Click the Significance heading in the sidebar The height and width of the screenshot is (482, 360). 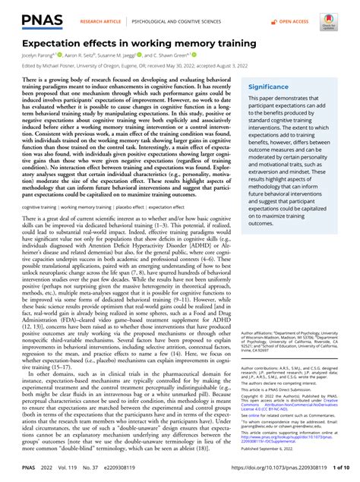(268, 87)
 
